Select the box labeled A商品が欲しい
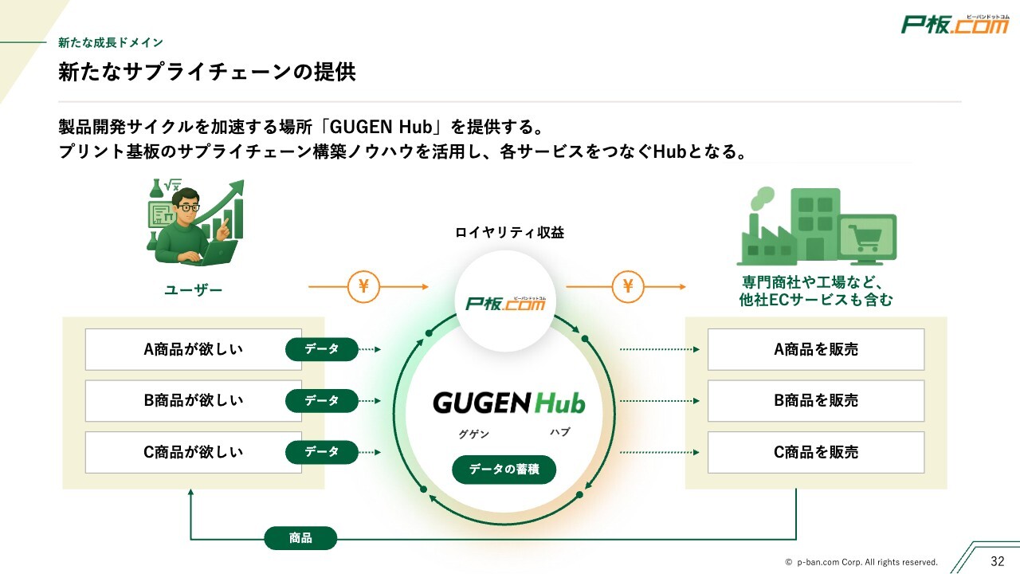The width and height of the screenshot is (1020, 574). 193,349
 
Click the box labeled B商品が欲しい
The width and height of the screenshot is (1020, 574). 193,400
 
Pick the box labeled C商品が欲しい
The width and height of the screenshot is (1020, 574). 193,452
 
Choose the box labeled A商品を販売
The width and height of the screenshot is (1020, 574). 815,349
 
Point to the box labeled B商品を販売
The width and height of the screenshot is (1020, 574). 815,400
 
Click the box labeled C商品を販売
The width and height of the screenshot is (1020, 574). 815,452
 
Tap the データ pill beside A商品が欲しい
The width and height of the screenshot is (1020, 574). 322,349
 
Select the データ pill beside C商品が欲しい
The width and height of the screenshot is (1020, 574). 322,452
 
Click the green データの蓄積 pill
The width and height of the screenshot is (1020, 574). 504,470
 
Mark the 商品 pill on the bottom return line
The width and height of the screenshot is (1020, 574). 300,538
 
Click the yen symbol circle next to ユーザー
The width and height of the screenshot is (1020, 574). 363,286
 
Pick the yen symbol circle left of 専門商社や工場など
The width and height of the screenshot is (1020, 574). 628,286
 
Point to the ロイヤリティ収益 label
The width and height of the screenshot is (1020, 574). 509,233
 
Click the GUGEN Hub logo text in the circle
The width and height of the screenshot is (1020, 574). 508,403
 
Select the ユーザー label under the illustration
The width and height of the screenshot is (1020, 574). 193,291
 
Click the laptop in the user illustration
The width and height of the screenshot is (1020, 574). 215,253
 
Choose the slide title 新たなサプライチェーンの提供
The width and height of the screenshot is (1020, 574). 206,73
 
